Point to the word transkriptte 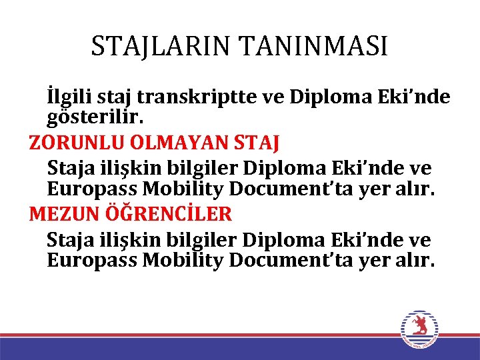click(202, 97)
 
